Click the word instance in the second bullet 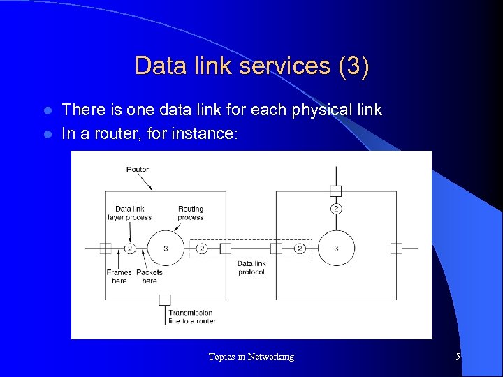[x=209, y=133]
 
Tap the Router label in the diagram [x=138, y=169]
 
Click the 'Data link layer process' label [x=129, y=213]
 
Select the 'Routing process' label [x=191, y=213]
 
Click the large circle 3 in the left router [x=166, y=248]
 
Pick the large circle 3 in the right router [x=337, y=248]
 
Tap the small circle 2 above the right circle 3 [x=336, y=209]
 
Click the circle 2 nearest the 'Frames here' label [x=130, y=248]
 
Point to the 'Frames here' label [x=119, y=276]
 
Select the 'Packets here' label [x=150, y=276]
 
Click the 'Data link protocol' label [x=251, y=268]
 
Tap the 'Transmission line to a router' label [x=191, y=317]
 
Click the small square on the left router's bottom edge [x=165, y=300]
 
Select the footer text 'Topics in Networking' [x=251, y=357]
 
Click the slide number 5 [x=458, y=357]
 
